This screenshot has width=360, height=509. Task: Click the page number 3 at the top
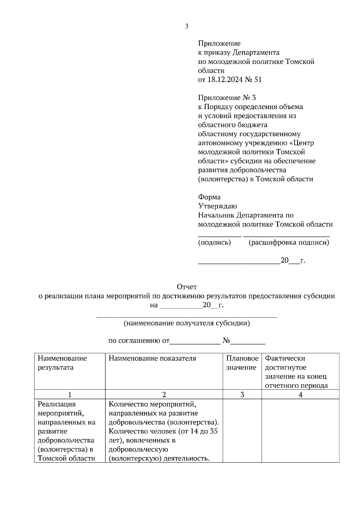click(x=187, y=27)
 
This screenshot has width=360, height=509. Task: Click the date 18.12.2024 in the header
click(x=224, y=80)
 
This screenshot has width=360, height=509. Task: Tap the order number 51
click(x=258, y=80)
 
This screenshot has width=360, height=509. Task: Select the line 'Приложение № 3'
click(x=227, y=98)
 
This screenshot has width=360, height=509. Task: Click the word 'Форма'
click(x=209, y=197)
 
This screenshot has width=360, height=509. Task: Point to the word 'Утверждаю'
click(x=217, y=206)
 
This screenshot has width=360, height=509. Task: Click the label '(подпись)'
click(x=214, y=243)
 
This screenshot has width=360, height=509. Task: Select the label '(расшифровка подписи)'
click(x=289, y=243)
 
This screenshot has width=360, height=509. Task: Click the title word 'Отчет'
click(x=187, y=287)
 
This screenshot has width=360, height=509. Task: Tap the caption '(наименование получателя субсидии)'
click(x=187, y=323)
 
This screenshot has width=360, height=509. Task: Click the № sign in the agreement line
click(x=226, y=341)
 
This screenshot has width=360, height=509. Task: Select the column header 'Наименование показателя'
click(x=152, y=358)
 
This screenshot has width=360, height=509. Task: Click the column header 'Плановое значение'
click(x=242, y=363)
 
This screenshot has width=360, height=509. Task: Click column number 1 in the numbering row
click(x=70, y=394)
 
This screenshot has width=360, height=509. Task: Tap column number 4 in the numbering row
click(x=300, y=394)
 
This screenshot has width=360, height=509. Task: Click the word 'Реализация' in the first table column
click(x=57, y=404)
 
